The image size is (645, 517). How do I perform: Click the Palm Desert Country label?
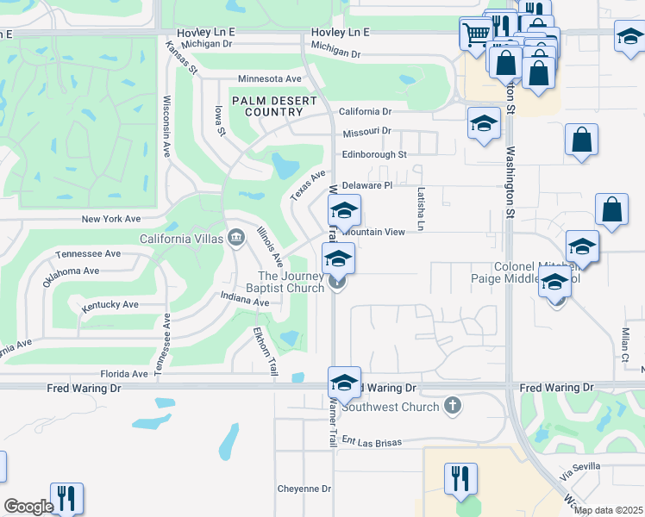pyautogui.click(x=274, y=106)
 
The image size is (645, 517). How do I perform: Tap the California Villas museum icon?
pyautogui.click(x=236, y=238)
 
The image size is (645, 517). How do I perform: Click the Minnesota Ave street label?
pyautogui.click(x=270, y=78)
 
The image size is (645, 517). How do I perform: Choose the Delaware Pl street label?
pyautogui.click(x=366, y=185)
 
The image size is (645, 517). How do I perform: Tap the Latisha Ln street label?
pyautogui.click(x=422, y=209)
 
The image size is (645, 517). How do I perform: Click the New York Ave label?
pyautogui.click(x=110, y=220)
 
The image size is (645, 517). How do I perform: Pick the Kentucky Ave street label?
pyautogui.click(x=110, y=305)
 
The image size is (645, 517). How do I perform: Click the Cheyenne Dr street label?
pyautogui.click(x=304, y=489)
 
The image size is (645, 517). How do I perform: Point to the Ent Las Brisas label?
pyautogui.click(x=372, y=442)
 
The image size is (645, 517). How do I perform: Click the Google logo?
pyautogui.click(x=28, y=507)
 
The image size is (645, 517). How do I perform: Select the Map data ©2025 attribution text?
pyautogui.click(x=608, y=510)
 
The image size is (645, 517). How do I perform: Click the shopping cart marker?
pyautogui.click(x=475, y=34)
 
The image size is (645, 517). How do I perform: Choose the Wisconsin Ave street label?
pyautogui.click(x=166, y=127)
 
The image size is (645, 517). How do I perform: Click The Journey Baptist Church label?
pyautogui.click(x=284, y=281)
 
